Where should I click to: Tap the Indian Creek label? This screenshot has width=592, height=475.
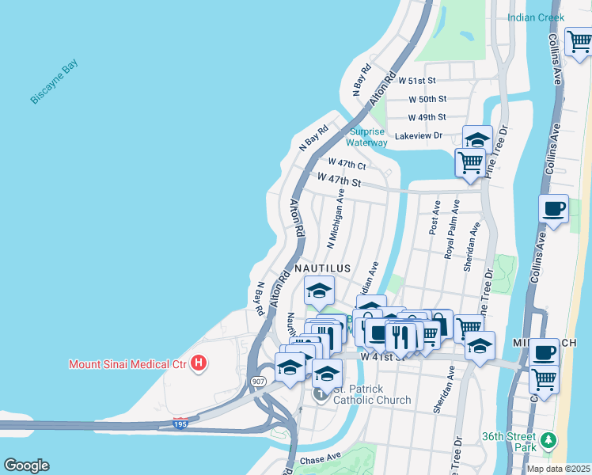pos(536,17)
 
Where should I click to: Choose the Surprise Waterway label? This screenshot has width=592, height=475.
pos(367,137)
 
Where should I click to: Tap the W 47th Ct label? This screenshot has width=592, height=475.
pos(347,165)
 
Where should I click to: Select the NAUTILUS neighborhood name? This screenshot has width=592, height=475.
pos(322,269)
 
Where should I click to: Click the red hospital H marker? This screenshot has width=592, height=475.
pos(199,364)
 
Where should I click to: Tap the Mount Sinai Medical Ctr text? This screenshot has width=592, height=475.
pos(127,364)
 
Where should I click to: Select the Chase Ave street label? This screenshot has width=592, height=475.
pos(319,458)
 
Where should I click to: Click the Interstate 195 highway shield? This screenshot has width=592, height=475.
pos(181,424)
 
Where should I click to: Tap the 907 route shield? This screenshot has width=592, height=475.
pos(260,381)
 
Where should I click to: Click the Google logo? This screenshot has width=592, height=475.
pos(26,465)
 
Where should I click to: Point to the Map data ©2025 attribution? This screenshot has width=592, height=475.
pos(557,469)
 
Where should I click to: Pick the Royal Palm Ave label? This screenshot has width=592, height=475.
pos(453,230)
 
